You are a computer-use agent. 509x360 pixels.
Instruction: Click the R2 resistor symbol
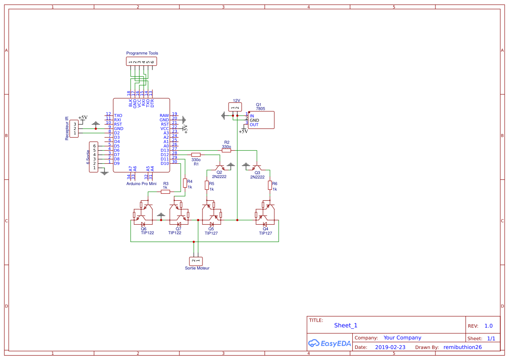[x=226, y=150]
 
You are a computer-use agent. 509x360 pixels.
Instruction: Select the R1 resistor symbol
[x=196, y=155]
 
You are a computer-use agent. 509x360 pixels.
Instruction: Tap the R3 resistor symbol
[x=165, y=192]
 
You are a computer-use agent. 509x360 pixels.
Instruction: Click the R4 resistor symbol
[x=185, y=183]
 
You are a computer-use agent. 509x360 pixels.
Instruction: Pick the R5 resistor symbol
[x=207, y=185]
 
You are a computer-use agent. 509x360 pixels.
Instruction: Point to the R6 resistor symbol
[x=270, y=185]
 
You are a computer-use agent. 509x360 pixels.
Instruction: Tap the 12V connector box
[x=235, y=107]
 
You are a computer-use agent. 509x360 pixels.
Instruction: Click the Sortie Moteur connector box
[x=196, y=261]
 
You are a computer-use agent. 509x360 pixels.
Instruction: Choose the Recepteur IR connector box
[x=74, y=128]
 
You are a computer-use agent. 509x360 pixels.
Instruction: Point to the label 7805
[x=260, y=109]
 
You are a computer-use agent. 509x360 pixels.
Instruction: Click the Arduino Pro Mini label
[x=142, y=184]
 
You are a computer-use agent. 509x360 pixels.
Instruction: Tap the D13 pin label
[x=165, y=150]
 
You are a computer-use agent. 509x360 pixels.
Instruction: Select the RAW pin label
[x=164, y=115]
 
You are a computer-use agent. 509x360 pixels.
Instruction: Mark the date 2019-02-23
[x=390, y=347]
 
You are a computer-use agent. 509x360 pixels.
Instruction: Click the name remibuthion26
[x=462, y=347]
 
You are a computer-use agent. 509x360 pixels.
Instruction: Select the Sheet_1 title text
[x=346, y=325]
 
